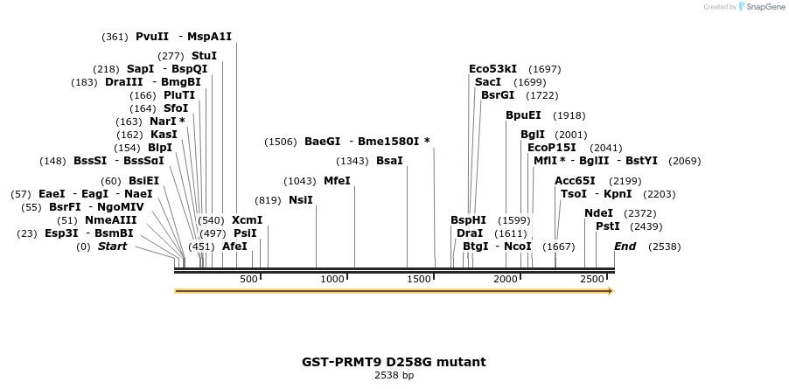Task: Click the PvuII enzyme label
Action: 151,37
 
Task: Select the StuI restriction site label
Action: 204,56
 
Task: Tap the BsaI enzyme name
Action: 389,161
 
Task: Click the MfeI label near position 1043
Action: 337,181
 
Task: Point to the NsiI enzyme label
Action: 300,200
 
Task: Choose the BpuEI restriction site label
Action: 523,115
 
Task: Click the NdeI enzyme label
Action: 598,213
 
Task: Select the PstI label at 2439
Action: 607,226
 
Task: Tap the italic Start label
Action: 112,247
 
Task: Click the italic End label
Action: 625,247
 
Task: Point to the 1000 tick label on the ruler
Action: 332,279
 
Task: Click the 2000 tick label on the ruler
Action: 506,279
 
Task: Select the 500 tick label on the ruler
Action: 248,279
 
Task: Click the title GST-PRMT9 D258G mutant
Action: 394,362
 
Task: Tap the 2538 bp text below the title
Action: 394,376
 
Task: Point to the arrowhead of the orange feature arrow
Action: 611,291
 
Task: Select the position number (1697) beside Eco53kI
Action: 545,69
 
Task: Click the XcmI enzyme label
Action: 247,220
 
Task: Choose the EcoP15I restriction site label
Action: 551,148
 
